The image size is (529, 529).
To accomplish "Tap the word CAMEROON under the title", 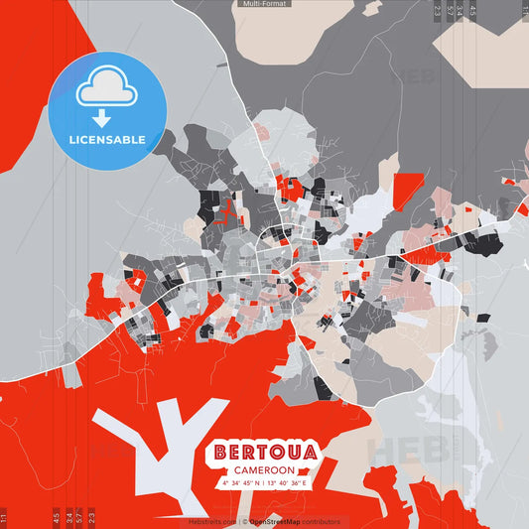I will click(x=264, y=470).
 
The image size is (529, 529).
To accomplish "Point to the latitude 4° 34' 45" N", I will click(x=241, y=483).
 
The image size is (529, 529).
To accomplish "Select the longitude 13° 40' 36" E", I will click(x=289, y=483).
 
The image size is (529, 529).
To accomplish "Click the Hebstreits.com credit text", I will click(x=211, y=521).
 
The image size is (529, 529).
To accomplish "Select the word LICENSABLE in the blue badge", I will click(x=107, y=140).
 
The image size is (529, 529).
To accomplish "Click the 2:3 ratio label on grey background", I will click(x=438, y=12).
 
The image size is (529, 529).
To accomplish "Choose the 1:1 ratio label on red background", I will click(x=5, y=517).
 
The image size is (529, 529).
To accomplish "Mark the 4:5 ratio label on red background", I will click(x=57, y=517).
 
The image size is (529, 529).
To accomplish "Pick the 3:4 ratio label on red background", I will click(x=68, y=517).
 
